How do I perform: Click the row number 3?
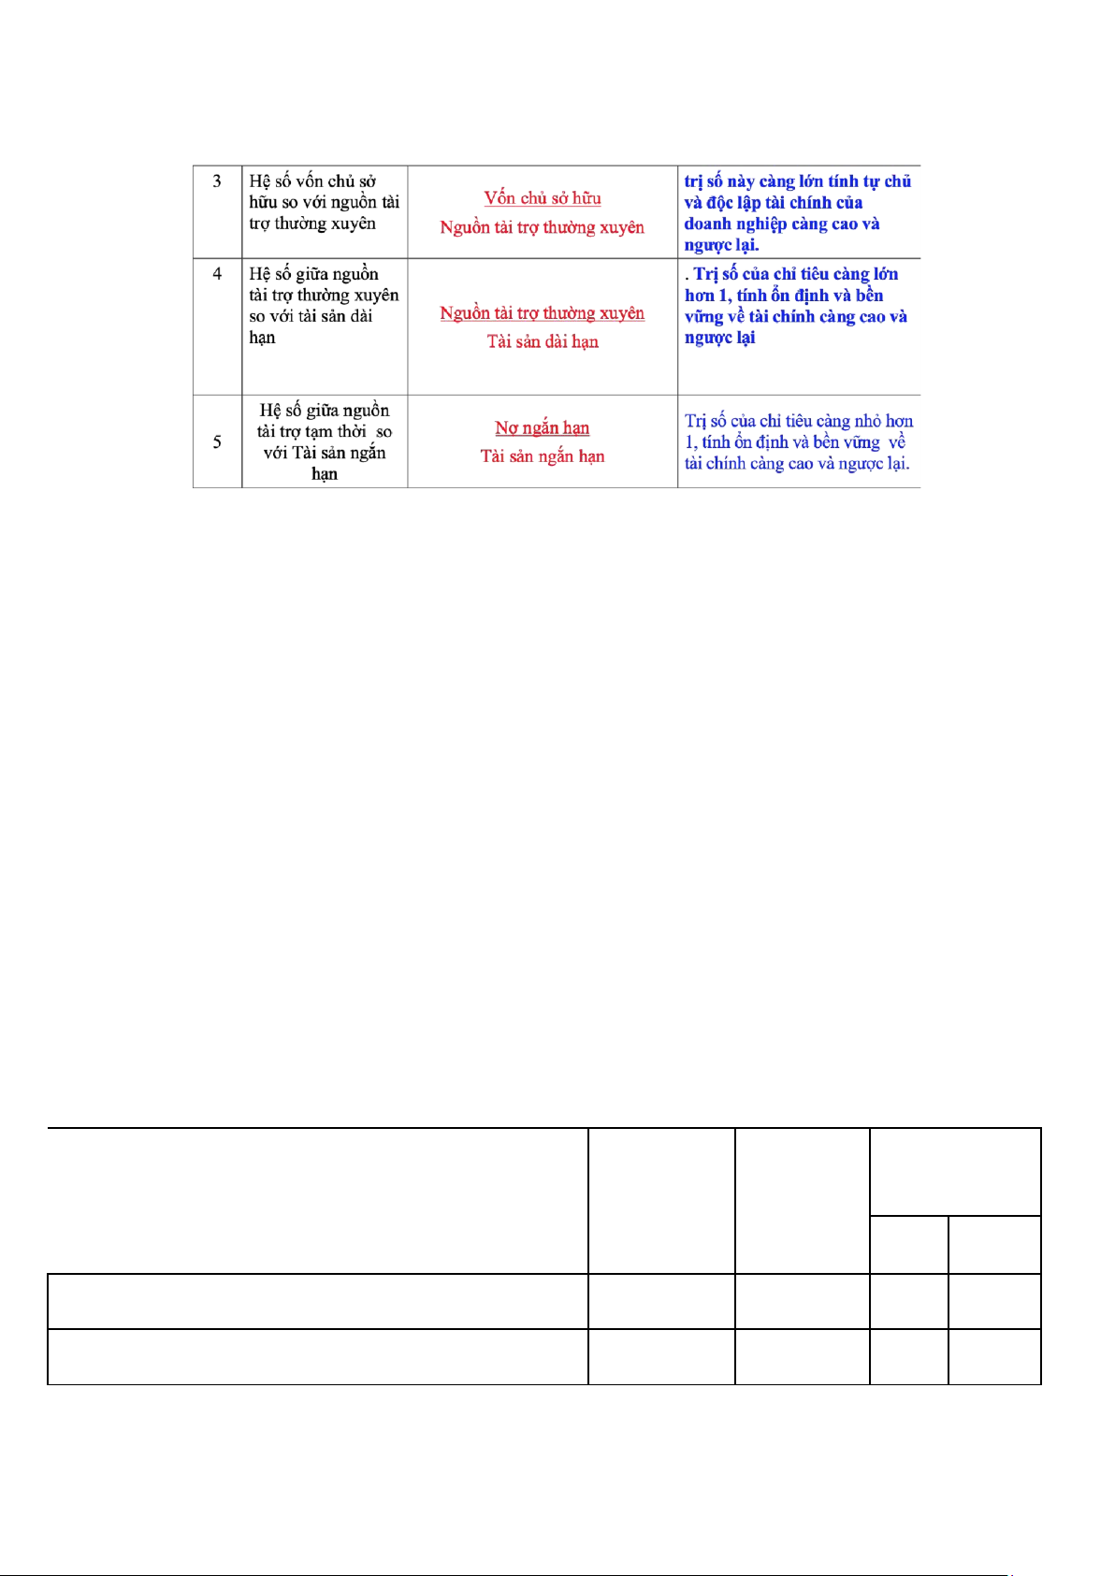point(217,181)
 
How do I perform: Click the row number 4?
point(217,274)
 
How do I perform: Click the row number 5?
point(217,441)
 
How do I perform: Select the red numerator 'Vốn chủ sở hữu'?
point(543,198)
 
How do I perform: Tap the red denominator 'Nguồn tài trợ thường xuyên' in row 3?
point(543,227)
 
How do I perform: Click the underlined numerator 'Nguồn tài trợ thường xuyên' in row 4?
point(543,313)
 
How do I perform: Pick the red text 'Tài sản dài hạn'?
point(543,342)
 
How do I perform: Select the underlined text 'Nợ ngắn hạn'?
point(543,428)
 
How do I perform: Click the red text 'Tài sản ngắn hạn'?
point(543,456)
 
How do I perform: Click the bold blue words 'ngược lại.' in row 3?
point(721,246)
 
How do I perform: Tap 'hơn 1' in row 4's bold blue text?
point(705,296)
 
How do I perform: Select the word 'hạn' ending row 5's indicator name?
point(325,474)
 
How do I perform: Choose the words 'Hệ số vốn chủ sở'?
point(312,181)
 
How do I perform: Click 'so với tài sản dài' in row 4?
point(311,316)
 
